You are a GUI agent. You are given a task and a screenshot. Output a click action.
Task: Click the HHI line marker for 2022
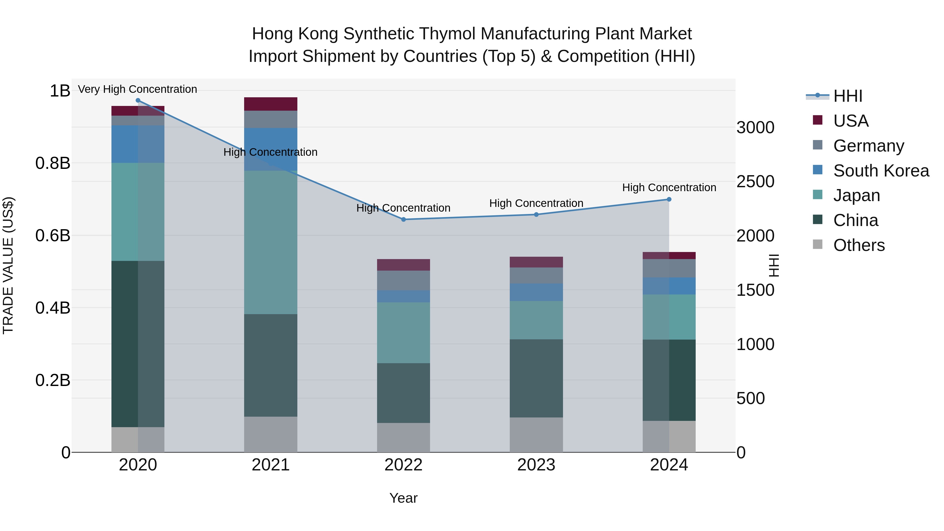click(x=404, y=219)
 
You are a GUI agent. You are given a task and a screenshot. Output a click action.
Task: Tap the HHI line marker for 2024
click(x=669, y=199)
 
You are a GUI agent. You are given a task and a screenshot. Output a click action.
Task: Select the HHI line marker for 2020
click(x=138, y=100)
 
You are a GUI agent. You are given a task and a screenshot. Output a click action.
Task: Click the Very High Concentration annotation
click(x=137, y=89)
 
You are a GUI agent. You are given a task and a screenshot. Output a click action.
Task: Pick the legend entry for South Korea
click(x=881, y=171)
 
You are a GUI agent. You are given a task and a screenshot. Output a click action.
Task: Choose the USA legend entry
click(x=851, y=121)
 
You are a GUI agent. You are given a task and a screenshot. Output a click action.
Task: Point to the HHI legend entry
click(x=848, y=96)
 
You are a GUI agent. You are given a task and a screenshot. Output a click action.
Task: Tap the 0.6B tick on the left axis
click(x=52, y=235)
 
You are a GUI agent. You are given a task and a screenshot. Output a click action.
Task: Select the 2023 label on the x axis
click(x=536, y=465)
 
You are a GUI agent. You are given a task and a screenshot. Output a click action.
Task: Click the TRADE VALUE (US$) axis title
click(x=8, y=265)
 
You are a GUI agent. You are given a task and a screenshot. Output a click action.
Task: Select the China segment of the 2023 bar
click(x=536, y=378)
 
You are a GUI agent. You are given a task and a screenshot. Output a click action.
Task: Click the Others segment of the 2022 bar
click(x=404, y=438)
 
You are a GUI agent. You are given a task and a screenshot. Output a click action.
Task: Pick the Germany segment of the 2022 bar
click(x=404, y=280)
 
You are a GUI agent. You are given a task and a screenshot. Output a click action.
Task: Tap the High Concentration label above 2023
click(x=536, y=203)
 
